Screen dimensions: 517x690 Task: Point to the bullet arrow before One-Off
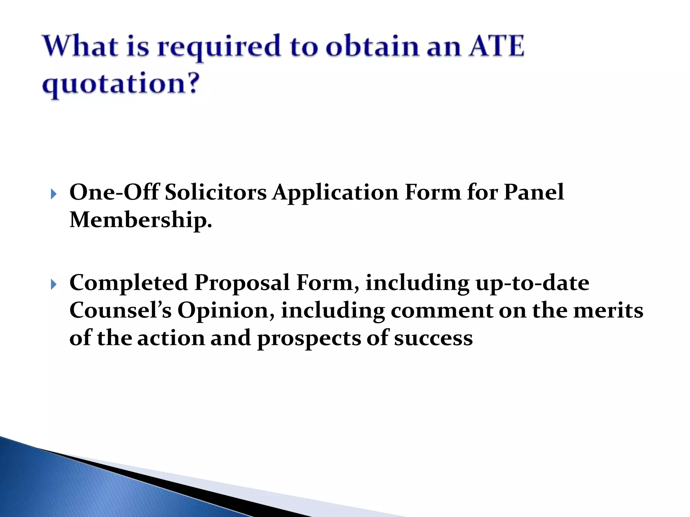54,194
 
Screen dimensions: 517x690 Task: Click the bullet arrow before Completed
54,285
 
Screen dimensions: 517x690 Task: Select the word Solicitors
216,193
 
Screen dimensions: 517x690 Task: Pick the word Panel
534,193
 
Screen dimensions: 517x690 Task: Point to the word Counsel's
120,310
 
